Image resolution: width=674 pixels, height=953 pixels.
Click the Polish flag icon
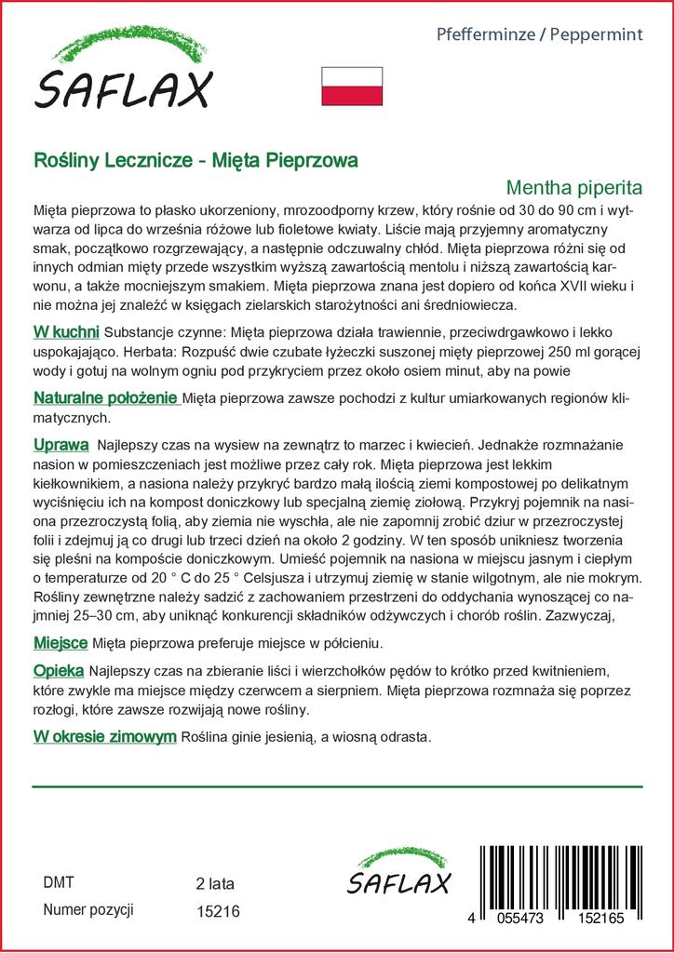[352, 87]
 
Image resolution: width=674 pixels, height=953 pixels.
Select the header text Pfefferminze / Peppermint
[540, 34]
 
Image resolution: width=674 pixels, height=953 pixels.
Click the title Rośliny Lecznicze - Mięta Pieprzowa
[195, 160]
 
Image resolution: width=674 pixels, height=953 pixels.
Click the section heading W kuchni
[66, 332]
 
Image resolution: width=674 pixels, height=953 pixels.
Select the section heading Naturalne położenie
[106, 398]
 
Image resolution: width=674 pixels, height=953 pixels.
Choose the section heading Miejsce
[61, 643]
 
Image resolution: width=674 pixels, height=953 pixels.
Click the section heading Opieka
[59, 671]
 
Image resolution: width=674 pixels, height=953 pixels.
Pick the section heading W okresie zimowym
[104, 737]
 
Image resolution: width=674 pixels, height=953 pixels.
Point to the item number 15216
[219, 912]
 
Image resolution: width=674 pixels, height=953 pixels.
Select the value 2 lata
[215, 883]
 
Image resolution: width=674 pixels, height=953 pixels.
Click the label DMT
[58, 882]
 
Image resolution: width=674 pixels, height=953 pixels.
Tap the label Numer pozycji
[89, 910]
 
